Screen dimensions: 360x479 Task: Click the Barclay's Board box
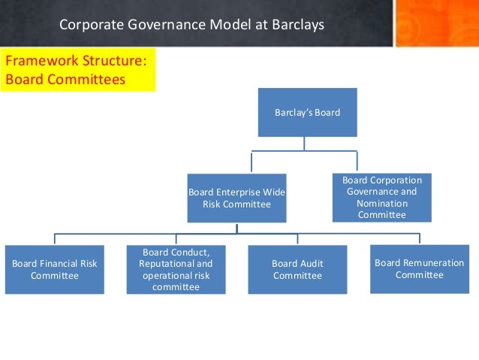(307, 113)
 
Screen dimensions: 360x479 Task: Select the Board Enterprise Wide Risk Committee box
(236, 198)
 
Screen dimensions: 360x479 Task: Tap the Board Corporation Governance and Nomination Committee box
(382, 198)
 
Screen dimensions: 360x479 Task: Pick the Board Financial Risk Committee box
(55, 270)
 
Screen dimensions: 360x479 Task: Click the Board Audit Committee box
(297, 270)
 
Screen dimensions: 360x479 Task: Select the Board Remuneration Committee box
(420, 269)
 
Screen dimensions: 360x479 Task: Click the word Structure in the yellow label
(107, 60)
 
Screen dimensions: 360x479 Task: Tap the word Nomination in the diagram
(383, 204)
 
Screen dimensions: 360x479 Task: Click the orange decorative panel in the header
(436, 23)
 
